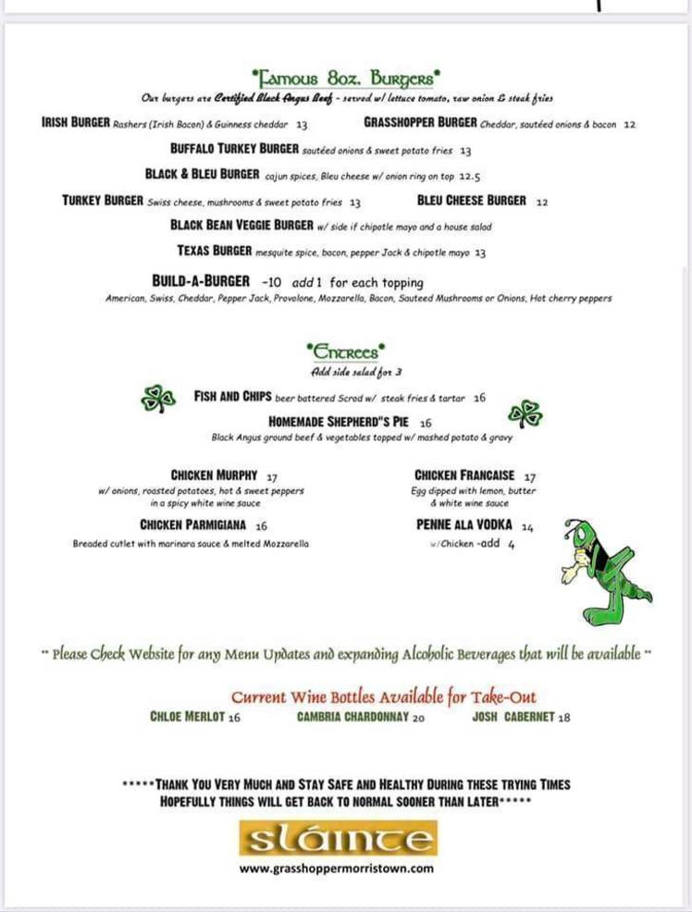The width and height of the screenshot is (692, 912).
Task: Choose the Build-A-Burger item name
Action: pos(201,281)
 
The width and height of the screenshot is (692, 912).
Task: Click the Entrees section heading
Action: pos(345,351)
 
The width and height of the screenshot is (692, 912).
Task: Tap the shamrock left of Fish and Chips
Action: pos(156,399)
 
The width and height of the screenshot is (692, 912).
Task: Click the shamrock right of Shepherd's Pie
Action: pos(526,413)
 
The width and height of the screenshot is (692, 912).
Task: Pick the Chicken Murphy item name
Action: pos(214,475)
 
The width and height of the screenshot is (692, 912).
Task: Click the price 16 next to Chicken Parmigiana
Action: pos(261,525)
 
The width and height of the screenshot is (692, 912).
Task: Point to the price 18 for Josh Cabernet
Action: pos(564,717)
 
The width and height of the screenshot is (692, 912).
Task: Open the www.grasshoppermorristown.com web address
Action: pos(337,869)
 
